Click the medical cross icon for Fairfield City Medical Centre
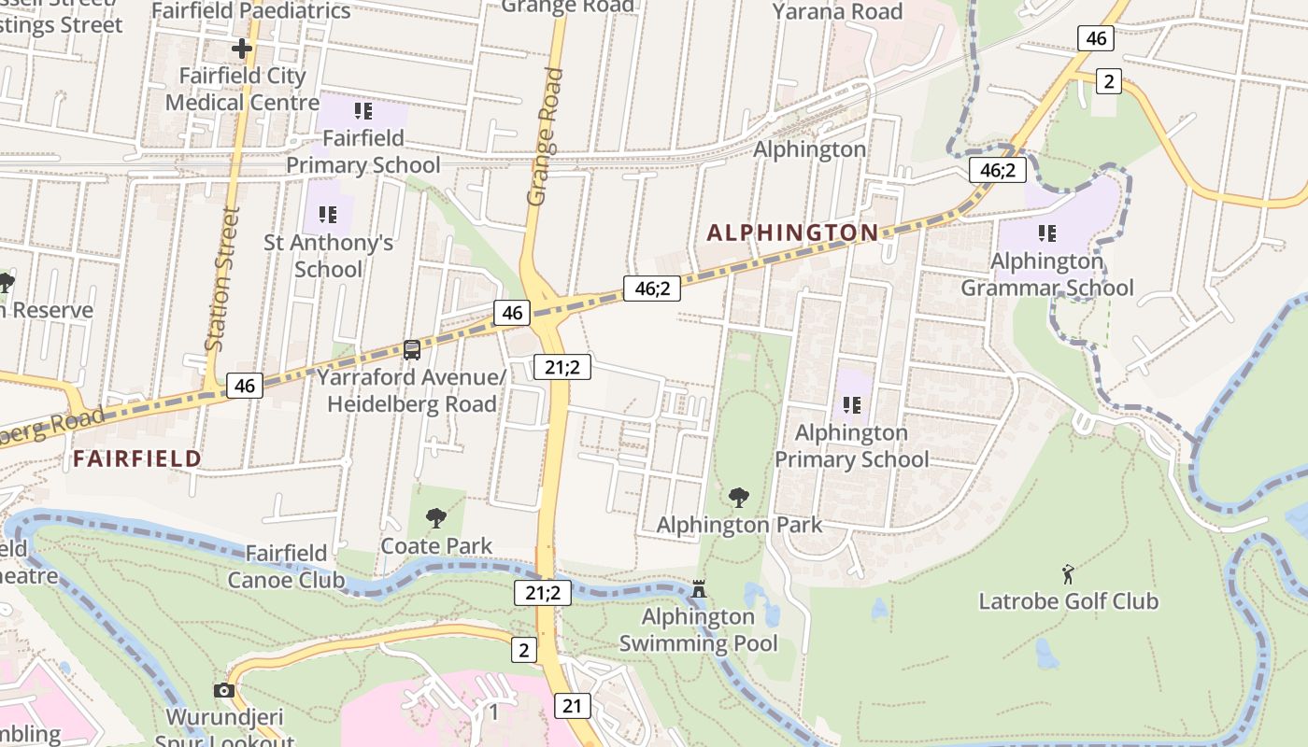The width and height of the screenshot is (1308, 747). click(x=242, y=48)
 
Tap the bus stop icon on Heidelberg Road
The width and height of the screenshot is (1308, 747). click(x=411, y=350)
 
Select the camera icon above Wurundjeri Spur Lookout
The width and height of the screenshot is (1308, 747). click(x=224, y=690)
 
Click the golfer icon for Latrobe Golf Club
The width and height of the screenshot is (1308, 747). click(x=1068, y=573)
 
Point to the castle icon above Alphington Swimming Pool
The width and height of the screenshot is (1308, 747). click(x=698, y=588)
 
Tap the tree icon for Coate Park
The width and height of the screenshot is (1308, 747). click(x=435, y=517)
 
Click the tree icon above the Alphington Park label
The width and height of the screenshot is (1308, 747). click(x=738, y=497)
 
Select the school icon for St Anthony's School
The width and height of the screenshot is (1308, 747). click(x=327, y=215)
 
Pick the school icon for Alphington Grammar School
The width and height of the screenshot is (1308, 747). click(x=1046, y=233)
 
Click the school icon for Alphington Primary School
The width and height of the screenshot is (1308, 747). click(x=851, y=404)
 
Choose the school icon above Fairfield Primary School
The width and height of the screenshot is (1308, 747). click(x=363, y=111)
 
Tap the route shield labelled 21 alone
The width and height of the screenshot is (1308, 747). click(x=572, y=705)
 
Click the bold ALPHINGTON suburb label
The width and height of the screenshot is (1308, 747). click(x=792, y=233)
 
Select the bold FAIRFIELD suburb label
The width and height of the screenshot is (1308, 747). click(x=137, y=458)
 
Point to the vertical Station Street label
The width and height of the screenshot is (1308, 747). click(x=221, y=277)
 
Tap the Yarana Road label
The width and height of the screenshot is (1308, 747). click(x=837, y=11)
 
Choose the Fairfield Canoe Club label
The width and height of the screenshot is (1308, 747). click(x=286, y=567)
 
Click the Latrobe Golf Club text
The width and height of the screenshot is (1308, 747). click(x=1068, y=601)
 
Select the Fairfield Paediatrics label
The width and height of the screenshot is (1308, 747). click(x=250, y=11)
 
